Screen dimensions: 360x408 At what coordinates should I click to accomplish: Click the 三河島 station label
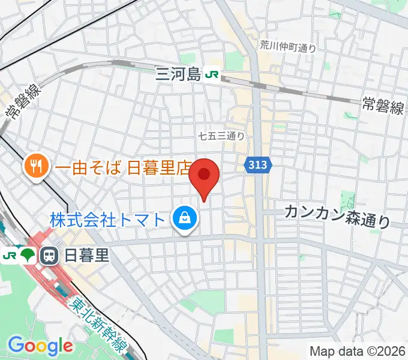178,74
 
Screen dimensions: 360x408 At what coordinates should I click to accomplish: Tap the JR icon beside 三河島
212,74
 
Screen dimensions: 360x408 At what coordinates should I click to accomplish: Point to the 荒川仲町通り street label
288,46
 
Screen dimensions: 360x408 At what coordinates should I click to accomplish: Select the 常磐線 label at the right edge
383,106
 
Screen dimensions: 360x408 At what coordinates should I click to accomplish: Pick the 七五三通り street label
221,136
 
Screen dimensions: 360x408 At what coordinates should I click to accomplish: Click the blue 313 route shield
259,163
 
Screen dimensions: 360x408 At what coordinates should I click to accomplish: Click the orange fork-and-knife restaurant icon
35,166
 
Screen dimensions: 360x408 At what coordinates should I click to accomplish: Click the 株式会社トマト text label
107,219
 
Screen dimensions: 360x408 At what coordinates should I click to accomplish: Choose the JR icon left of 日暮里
9,256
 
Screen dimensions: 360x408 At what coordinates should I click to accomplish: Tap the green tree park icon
28,256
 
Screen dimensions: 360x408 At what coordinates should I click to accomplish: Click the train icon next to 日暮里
48,256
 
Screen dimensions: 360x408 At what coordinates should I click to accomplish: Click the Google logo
40,345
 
